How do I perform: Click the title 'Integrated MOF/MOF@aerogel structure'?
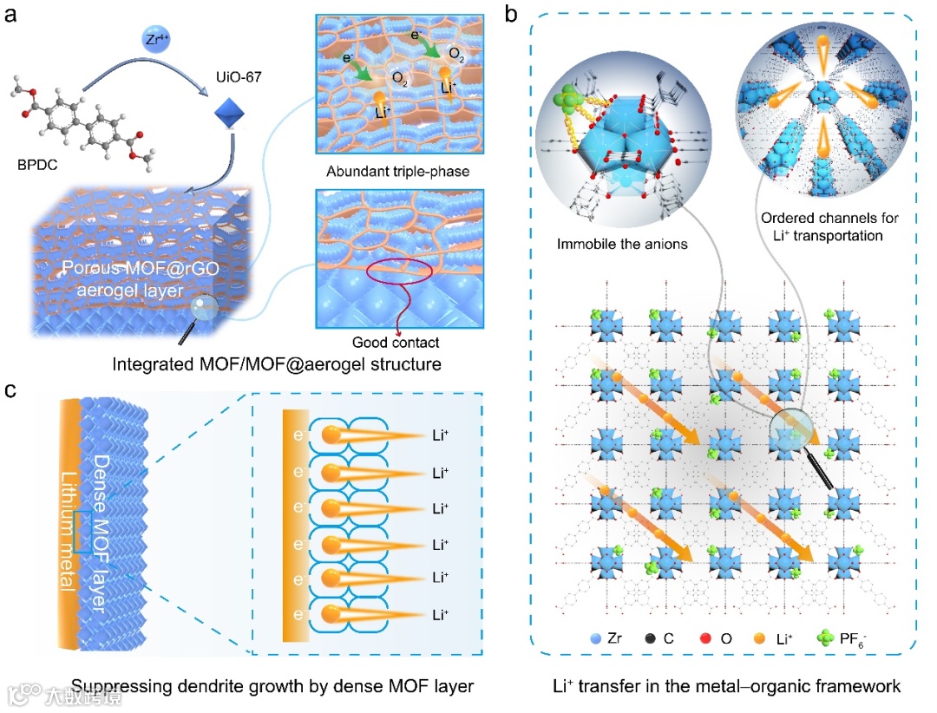tap(277, 364)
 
